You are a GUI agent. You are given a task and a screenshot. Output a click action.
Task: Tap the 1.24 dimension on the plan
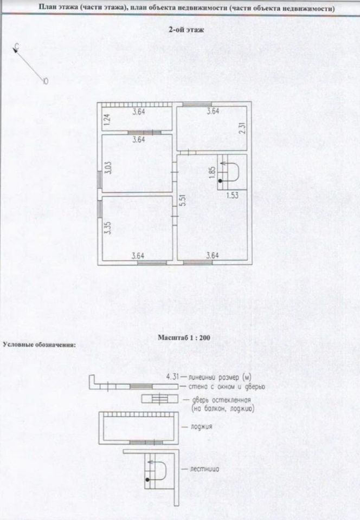coord(107,119)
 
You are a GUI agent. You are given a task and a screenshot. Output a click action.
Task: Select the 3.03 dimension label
coord(108,166)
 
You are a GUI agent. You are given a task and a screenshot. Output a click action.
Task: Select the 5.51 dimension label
coord(183,201)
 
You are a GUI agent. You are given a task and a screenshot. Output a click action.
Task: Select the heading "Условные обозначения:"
coord(39,344)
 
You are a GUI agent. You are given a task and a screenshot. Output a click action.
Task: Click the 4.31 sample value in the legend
coord(172,376)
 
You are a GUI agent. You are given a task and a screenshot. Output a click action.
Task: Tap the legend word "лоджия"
coord(201,427)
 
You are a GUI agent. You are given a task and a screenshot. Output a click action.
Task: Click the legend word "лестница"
coord(204,469)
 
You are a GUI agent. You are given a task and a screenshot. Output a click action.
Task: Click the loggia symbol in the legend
coord(139,427)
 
